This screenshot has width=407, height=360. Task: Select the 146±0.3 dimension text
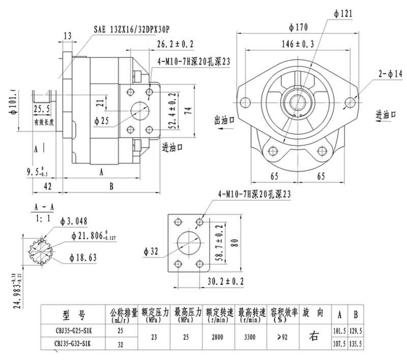click(x=298, y=44)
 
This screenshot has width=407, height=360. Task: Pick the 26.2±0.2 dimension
click(x=175, y=45)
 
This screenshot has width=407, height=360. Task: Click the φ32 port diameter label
click(x=152, y=251)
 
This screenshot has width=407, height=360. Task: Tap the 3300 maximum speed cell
click(x=249, y=336)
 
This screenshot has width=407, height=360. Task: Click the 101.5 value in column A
click(x=338, y=330)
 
